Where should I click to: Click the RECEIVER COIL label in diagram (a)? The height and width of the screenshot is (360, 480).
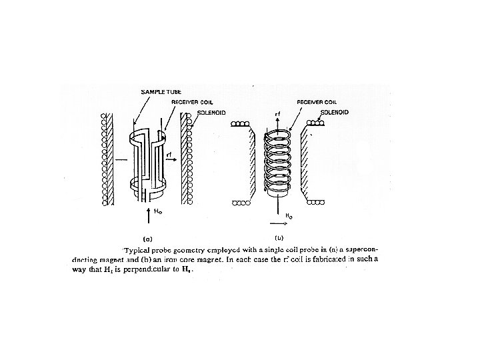[x=191, y=103]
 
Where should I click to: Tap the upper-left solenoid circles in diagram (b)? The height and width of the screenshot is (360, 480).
[x=239, y=125]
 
